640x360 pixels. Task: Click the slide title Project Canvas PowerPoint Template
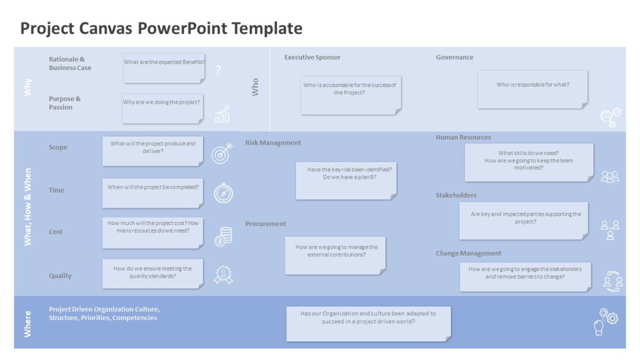coord(161,28)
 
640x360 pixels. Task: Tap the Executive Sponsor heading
coord(312,57)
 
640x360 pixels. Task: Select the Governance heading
coord(455,57)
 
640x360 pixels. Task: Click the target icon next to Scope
coord(222,153)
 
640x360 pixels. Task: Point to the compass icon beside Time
coord(223,193)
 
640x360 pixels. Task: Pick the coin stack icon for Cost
coord(223,236)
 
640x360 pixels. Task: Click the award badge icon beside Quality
coord(223,274)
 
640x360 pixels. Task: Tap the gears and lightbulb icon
coord(605,321)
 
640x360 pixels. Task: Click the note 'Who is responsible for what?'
coord(532,89)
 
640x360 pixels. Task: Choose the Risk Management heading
coord(273,143)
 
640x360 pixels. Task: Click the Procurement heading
coord(265,224)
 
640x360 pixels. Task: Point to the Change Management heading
coord(469,253)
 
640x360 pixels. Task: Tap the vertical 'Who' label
coord(255,87)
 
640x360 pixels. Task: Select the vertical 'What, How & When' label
coord(28,207)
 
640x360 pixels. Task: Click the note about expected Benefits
coord(164,67)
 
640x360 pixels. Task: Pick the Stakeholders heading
coord(456,195)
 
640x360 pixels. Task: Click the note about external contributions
coord(335,255)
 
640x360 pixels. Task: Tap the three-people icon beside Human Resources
coord(610,177)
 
